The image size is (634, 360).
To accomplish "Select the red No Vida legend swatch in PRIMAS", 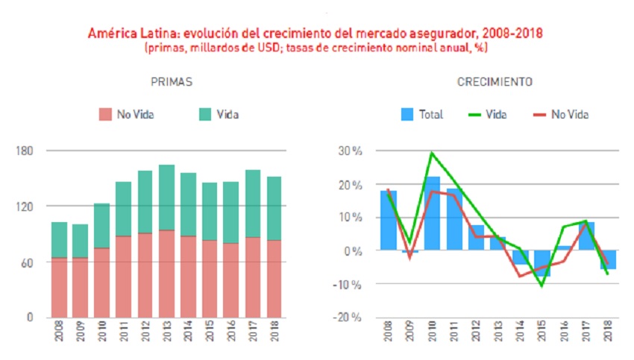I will pyautogui.click(x=104, y=114).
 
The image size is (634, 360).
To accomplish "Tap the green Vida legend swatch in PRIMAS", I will pyautogui.click(x=204, y=114).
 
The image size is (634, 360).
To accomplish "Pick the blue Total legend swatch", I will pyautogui.click(x=407, y=114).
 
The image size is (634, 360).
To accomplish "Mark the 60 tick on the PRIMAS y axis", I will pyautogui.click(x=27, y=262).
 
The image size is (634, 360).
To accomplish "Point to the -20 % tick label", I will pyautogui.click(x=348, y=318).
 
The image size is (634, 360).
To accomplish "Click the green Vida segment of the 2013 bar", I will pyautogui.click(x=167, y=198).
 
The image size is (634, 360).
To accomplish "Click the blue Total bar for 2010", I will pyautogui.click(x=432, y=212).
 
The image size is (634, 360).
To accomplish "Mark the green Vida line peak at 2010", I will pyautogui.click(x=432, y=153).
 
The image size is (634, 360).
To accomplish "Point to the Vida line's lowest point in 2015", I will pyautogui.click(x=542, y=285).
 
